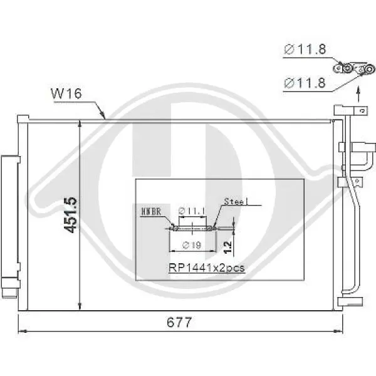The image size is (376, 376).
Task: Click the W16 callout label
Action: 66,93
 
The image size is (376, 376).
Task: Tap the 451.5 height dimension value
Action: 71,215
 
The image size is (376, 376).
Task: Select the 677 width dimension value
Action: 179,322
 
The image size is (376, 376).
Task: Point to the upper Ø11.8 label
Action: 305,49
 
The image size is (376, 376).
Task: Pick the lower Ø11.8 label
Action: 305,83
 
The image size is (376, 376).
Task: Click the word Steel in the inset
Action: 236,202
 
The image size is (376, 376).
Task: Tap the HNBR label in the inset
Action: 151,212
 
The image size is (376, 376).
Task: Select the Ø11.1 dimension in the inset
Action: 192,211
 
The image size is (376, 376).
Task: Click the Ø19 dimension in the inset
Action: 192,245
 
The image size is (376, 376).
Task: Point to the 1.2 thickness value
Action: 227,247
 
